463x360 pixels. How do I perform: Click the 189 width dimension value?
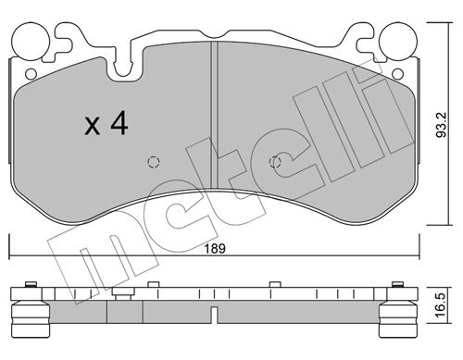(215, 248)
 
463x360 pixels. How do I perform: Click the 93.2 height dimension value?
(441, 125)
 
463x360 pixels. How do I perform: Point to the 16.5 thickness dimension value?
(441, 304)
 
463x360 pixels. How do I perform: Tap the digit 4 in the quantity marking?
(119, 123)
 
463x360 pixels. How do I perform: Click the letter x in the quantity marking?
(93, 126)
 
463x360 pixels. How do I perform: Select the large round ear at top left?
(31, 42)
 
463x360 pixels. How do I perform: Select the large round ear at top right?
(398, 42)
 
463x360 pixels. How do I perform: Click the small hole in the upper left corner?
(31, 74)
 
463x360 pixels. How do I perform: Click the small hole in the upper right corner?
(397, 74)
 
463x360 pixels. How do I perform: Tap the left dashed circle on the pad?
(154, 162)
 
